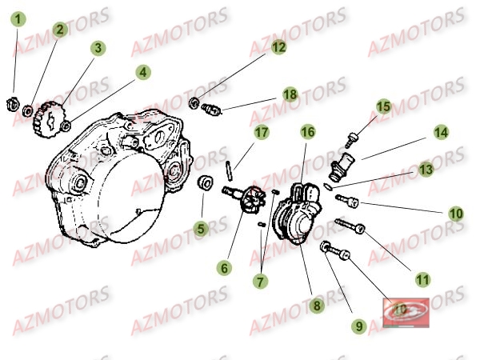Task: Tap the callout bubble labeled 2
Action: (59, 30)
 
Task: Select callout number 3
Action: (98, 48)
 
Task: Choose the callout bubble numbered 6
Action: (225, 269)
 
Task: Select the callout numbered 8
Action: (317, 305)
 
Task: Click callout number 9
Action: (358, 326)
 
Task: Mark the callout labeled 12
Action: (278, 48)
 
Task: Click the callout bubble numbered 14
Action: (441, 132)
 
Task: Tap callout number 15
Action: (384, 106)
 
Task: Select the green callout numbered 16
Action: (308, 131)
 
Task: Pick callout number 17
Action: (262, 131)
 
